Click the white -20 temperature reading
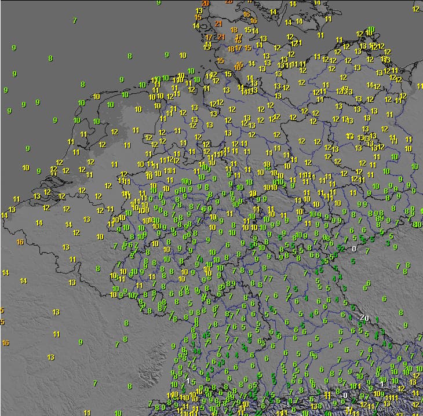363,318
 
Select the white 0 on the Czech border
354,249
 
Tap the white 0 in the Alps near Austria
345,396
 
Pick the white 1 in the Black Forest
188,380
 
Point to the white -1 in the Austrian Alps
380,384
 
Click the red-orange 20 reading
205,3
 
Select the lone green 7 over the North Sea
75,21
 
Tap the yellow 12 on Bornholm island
416,9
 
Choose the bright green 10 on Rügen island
371,30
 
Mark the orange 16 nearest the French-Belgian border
20,242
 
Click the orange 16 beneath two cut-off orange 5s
6,343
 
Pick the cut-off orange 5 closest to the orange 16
2,322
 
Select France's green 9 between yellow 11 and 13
81,342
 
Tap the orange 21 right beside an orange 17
221,37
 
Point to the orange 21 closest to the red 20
218,24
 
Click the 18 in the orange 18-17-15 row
231,49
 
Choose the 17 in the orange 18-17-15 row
239,49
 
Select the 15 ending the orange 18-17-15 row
248,48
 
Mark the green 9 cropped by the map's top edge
159,3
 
